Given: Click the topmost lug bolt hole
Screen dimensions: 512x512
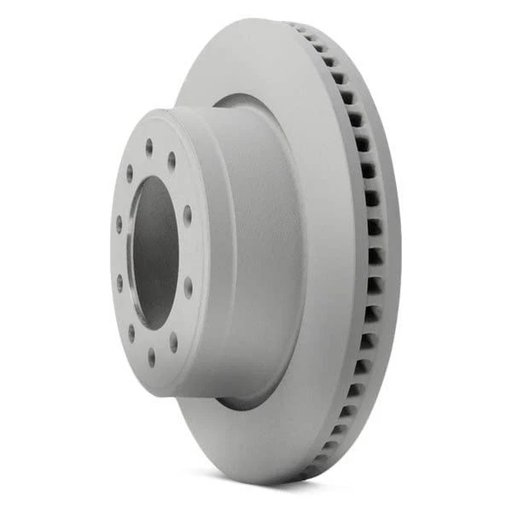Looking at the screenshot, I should coord(149,145).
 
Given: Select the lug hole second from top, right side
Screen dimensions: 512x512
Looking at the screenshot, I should coord(172,160).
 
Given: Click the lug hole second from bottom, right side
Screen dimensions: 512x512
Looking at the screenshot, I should coord(173,341).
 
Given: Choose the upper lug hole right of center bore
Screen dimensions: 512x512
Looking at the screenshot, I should coord(187,214).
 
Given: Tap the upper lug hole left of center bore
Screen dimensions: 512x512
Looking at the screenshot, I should coord(119,225).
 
